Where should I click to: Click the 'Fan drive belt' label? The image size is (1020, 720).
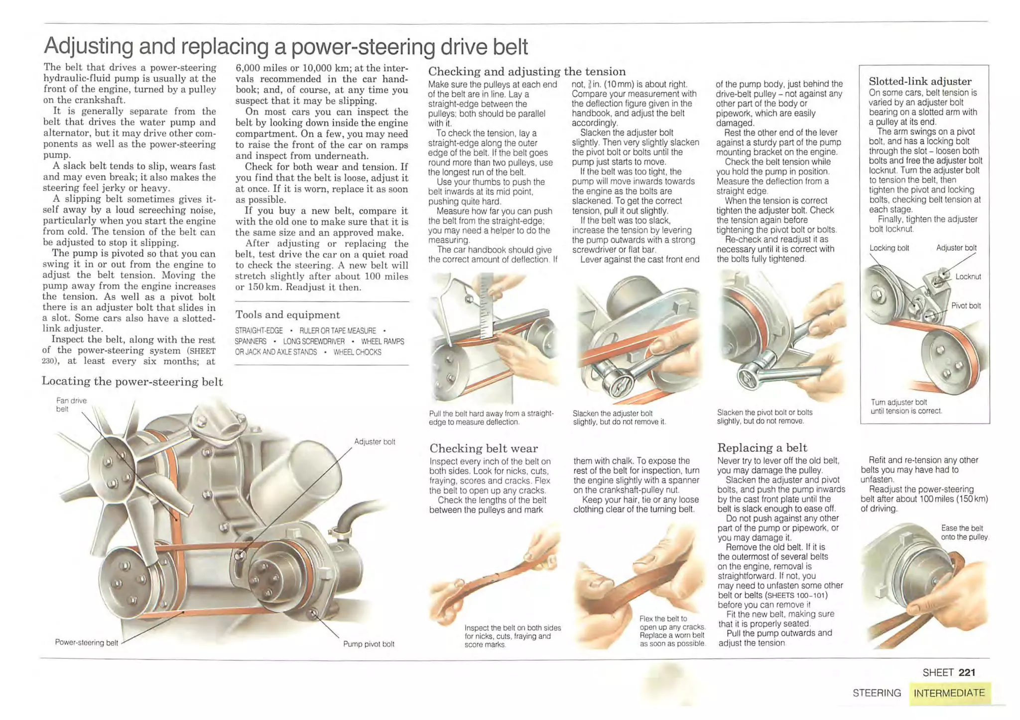point(71,404)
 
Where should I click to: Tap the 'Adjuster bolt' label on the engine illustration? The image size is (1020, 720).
point(375,441)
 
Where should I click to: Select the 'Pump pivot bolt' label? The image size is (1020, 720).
point(369,644)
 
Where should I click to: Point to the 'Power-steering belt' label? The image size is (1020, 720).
point(86,642)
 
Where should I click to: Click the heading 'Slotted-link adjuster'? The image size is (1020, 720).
point(920,81)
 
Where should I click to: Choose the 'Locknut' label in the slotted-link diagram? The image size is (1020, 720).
point(968,277)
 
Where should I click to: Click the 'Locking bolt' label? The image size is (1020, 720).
point(889,248)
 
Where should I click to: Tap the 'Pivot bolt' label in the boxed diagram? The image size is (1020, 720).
point(966,306)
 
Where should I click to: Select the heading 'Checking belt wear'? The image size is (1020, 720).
point(483,448)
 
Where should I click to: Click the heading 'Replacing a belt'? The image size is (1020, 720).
point(762,447)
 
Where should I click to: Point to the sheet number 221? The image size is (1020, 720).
point(966,672)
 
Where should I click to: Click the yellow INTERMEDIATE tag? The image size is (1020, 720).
point(949,693)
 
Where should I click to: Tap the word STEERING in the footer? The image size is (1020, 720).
point(877,693)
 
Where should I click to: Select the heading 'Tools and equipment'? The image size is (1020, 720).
point(287,314)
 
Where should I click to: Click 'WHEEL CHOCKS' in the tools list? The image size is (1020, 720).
point(357,352)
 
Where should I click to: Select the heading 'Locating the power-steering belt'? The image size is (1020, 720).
point(132,381)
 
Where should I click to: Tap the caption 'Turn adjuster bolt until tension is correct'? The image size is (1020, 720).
point(906,407)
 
